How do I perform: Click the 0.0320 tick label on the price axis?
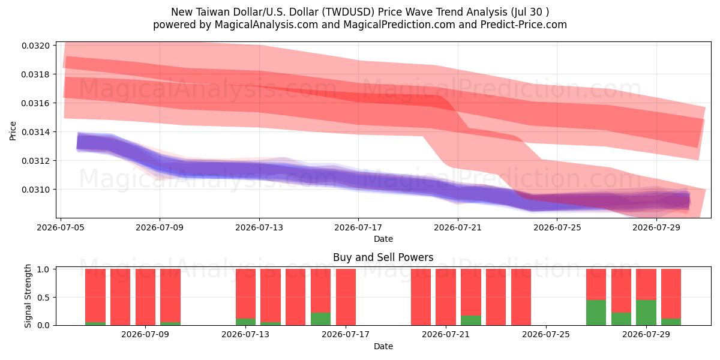click(35, 46)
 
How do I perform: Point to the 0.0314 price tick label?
click(35, 132)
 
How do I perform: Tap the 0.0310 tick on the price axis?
click(35, 190)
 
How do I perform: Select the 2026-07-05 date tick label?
click(61, 227)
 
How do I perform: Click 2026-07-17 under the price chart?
click(358, 227)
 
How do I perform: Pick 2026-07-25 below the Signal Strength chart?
click(546, 334)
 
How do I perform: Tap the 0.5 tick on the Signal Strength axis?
click(44, 298)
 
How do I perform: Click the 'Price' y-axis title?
click(13, 131)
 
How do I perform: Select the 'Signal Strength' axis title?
click(28, 296)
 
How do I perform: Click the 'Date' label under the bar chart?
click(383, 346)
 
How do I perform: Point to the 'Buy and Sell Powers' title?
click(383, 257)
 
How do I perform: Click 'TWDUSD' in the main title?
click(349, 12)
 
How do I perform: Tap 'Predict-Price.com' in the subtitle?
click(524, 25)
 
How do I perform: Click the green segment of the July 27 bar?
click(596, 313)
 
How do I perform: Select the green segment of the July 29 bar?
click(646, 313)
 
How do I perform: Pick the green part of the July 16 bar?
click(320, 319)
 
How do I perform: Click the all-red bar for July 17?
click(346, 297)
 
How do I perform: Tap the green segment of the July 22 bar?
click(471, 320)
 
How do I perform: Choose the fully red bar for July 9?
click(145, 297)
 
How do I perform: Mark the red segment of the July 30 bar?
click(671, 294)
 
